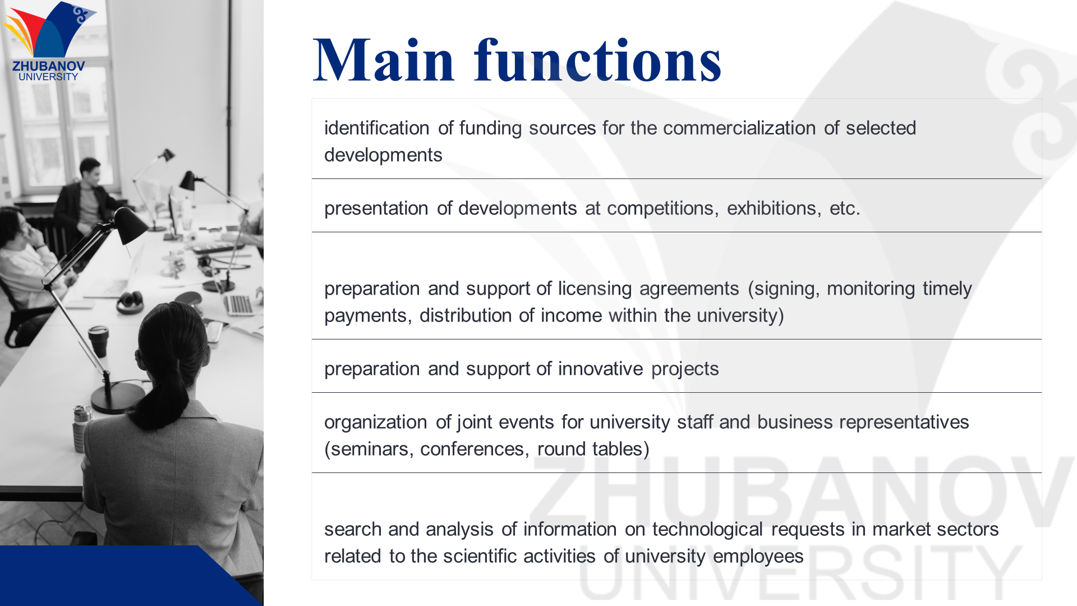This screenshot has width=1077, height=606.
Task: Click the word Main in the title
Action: click(x=383, y=60)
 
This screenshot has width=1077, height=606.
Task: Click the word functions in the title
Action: click(x=598, y=60)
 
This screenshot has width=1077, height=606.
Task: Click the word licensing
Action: click(x=595, y=288)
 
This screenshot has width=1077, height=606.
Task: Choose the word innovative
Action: click(x=600, y=369)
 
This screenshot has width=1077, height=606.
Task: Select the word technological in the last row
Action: click(x=707, y=529)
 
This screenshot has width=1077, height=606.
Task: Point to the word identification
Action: click(x=377, y=128)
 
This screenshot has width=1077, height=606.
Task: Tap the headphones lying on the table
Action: click(x=130, y=302)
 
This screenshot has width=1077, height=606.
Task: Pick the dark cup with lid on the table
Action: click(x=99, y=341)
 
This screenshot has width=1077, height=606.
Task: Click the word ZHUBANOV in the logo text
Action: click(x=49, y=66)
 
